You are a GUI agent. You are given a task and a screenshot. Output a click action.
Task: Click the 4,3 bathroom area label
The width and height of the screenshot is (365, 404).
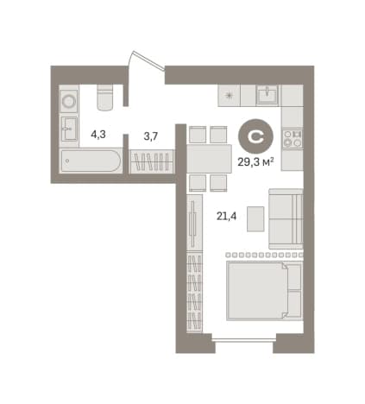(98, 135)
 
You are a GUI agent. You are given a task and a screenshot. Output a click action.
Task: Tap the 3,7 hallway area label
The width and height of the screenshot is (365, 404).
(151, 136)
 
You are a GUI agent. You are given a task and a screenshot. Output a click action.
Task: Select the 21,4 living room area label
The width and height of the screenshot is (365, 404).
(226, 216)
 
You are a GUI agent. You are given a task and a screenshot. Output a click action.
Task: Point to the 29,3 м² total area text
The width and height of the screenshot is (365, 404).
(255, 162)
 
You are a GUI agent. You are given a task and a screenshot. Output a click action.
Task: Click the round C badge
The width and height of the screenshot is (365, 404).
(255, 136)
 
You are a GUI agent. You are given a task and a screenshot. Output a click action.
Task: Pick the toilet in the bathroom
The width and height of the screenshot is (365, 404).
(104, 98)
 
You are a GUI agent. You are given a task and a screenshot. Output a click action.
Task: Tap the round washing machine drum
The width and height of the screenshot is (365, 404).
(69, 101)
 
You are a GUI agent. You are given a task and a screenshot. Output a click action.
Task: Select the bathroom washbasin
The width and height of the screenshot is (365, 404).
(69, 129)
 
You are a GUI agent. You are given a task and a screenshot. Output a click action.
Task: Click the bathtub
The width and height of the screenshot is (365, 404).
(91, 161)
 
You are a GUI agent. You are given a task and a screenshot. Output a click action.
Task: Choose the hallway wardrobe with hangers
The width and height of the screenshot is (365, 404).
(152, 161)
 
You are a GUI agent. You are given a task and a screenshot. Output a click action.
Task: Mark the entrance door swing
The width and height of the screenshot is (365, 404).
(147, 61)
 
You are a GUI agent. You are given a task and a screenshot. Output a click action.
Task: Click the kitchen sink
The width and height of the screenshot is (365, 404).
(267, 94)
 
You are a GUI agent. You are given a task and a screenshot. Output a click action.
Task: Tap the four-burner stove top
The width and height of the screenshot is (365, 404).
(293, 138)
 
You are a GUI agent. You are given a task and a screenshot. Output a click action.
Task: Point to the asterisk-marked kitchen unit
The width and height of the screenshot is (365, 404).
(229, 95)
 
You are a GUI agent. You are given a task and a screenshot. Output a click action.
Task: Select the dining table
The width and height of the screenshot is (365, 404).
(210, 159)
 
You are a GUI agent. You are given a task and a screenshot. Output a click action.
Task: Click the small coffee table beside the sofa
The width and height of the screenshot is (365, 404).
(255, 219)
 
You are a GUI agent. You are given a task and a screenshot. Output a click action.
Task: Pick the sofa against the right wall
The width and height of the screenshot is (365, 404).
(286, 219)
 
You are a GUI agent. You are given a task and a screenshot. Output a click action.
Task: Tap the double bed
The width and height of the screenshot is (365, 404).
(264, 291)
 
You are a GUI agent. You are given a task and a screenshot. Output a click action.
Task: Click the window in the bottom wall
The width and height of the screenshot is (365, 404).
(244, 340)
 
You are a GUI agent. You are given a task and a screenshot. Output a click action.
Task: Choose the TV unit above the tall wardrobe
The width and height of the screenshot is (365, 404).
(194, 223)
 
